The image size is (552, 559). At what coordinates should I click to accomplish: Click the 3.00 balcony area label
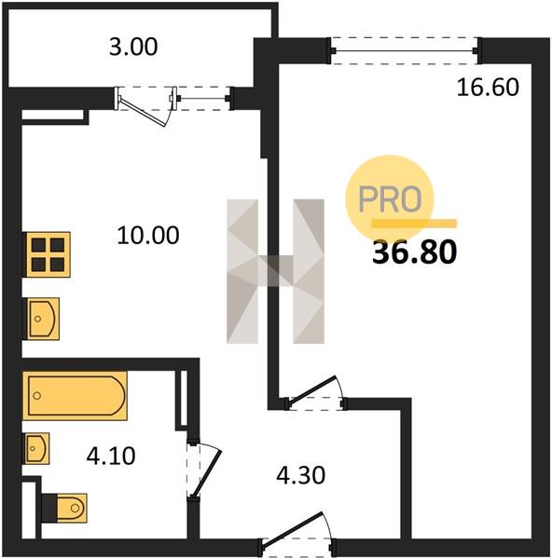pos(133,48)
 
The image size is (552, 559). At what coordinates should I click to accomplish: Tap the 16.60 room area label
pos(488,88)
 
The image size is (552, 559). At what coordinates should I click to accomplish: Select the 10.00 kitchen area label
pos(148,236)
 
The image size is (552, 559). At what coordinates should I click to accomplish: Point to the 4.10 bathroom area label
pos(111,456)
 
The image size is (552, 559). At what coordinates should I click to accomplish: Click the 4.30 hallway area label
pos(301,475)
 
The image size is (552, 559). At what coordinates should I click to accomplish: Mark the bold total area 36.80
pos(414,252)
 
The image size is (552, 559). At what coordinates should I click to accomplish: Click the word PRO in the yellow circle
pos(390,198)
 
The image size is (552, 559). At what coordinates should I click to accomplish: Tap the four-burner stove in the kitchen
pos(47,254)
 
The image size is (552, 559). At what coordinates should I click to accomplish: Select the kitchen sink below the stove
pos(41,319)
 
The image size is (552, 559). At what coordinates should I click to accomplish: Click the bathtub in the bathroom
pos(75,396)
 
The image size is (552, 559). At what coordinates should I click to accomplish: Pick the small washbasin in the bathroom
pos(36,448)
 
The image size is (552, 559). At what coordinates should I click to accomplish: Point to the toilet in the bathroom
pos(64,508)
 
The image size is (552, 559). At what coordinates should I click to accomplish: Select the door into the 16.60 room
pos(316,393)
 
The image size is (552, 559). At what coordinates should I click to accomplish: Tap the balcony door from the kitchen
pos(145,105)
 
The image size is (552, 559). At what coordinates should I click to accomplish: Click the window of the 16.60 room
pos(405,50)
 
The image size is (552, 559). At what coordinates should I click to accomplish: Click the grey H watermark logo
pos(275,271)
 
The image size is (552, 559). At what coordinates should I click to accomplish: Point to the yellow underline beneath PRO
pos(414,224)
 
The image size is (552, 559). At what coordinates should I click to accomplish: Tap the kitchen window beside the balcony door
pos(204,99)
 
